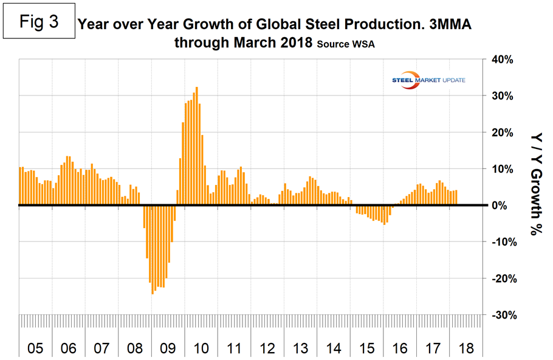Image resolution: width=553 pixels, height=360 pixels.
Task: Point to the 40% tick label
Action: (x=501, y=60)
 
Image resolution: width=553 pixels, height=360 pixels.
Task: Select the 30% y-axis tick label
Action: (x=501, y=96)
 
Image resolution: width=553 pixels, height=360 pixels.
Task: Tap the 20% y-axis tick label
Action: (x=501, y=133)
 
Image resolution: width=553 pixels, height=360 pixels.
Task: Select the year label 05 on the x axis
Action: (x=35, y=349)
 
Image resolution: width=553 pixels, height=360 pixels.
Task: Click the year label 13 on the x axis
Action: (x=298, y=349)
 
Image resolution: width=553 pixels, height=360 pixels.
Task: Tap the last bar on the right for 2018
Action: (x=456, y=198)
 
